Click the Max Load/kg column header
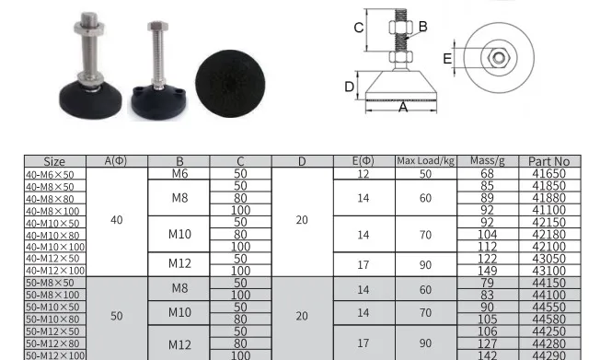(425, 161)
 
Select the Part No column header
(549, 161)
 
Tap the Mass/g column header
(488, 160)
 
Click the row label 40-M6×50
(50, 175)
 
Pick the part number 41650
(548, 173)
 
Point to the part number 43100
(548, 271)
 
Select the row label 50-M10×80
(52, 319)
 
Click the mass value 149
(487, 271)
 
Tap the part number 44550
(548, 308)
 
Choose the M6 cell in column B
(179, 173)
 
